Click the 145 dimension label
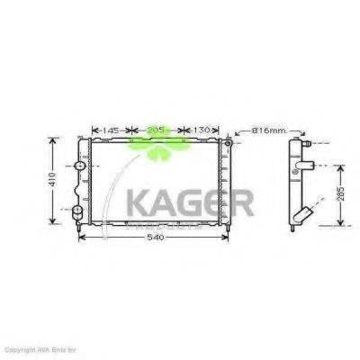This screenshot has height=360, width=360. pyautogui.click(x=112, y=130)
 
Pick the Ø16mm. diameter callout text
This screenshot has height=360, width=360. pyautogui.click(x=267, y=131)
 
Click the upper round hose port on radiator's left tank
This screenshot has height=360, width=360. pyautogui.click(x=80, y=168)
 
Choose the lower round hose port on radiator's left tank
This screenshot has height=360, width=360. pyautogui.click(x=79, y=211)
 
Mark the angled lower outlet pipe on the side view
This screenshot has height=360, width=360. pyautogui.click(x=303, y=216)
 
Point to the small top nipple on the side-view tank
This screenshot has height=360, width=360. pyautogui.click(x=307, y=140)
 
